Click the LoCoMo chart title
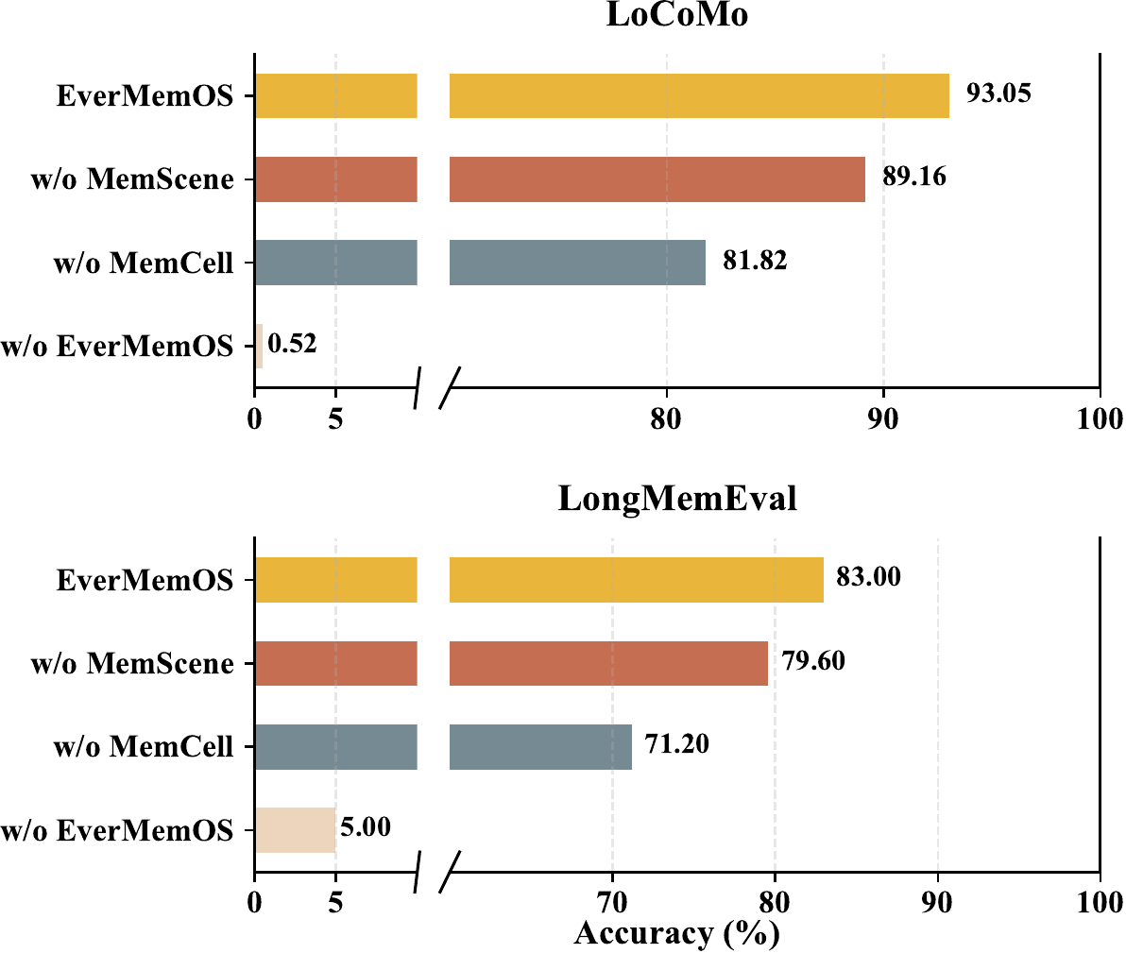677,14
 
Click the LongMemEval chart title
677,499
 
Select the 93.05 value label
998,94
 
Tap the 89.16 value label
914,177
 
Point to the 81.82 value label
755,260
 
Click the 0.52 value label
292,343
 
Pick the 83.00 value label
868,577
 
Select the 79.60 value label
813,660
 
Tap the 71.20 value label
676,743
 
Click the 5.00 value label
366,826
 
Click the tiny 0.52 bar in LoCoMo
259,346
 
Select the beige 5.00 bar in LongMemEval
295,830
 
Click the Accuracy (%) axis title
677,933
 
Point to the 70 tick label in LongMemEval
612,902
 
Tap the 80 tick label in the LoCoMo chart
666,418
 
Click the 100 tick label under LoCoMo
1100,418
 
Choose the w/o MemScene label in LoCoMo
132,179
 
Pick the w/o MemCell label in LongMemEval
144,747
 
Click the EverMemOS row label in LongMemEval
145,580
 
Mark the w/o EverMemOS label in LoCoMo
117,346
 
